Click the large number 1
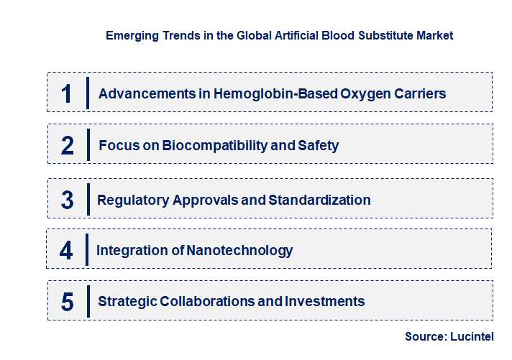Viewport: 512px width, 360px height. pos(67,93)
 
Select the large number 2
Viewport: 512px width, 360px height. pos(68,146)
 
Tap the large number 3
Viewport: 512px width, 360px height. pos(67,200)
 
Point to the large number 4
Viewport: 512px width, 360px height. pos(66,251)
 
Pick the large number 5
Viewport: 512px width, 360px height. pos(68,302)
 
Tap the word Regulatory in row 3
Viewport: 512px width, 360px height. pos(133,200)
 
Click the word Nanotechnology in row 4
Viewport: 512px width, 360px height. pos(239,251)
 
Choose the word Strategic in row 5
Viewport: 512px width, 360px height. pos(127,302)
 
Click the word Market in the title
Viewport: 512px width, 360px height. pos(436,34)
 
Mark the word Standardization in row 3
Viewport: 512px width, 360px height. pos(319,200)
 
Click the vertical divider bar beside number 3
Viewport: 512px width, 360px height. pos(88,198)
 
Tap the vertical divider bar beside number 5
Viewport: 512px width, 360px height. pos(88,300)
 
